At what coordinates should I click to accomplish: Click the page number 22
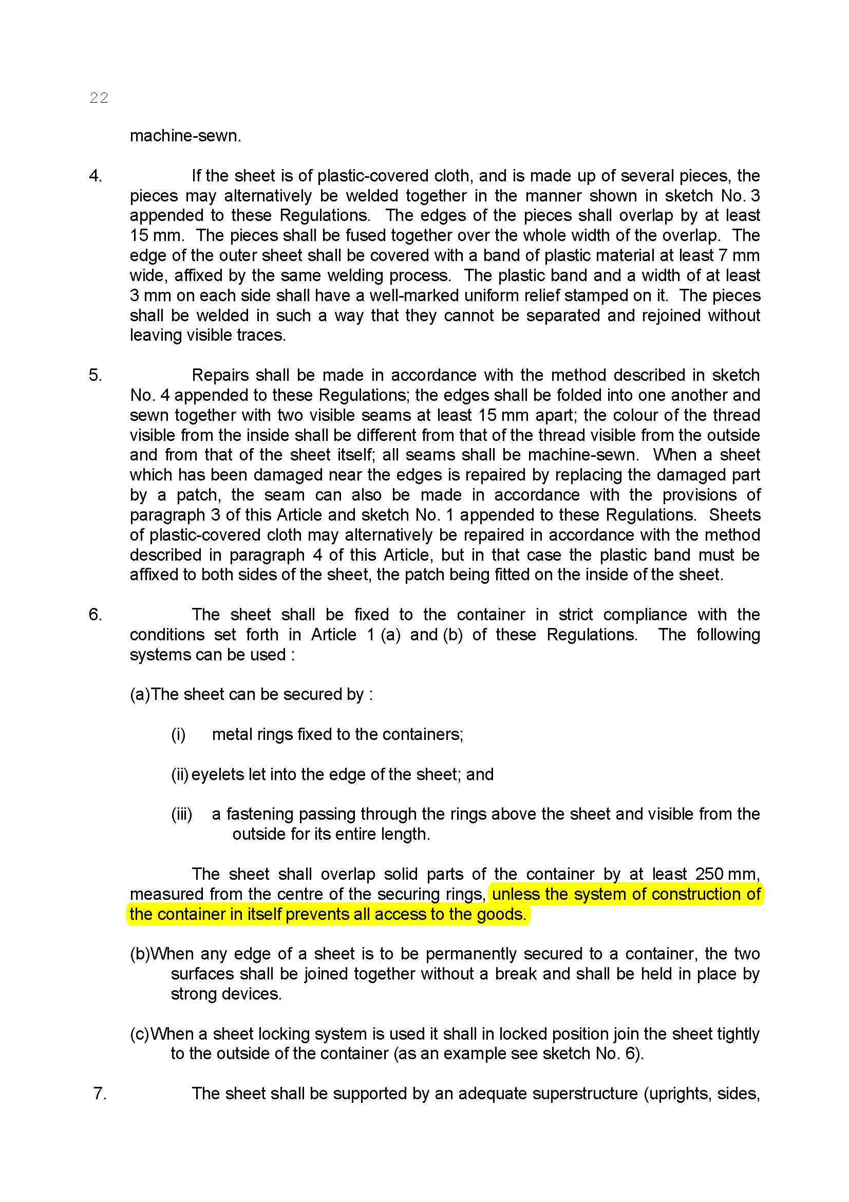pyautogui.click(x=99, y=98)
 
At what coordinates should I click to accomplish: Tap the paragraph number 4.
pyautogui.click(x=95, y=176)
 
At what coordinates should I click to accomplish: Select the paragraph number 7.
pyautogui.click(x=100, y=1094)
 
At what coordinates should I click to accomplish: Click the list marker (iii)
pyautogui.click(x=181, y=814)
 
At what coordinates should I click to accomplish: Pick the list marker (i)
pyautogui.click(x=178, y=734)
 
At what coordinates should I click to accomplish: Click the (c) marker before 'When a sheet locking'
pyautogui.click(x=139, y=1034)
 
